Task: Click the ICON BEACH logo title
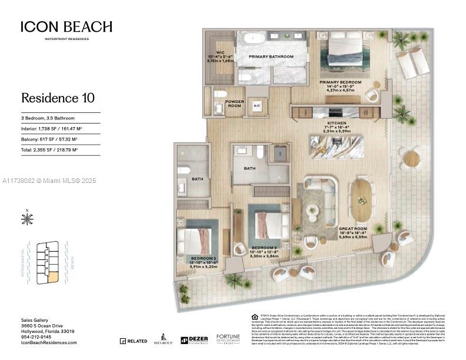pyautogui.click(x=66, y=27)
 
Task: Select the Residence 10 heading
pyautogui.click(x=58, y=98)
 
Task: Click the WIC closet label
pyautogui.click(x=221, y=53)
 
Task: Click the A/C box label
pyautogui.click(x=257, y=106)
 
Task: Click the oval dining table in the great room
pyautogui.click(x=361, y=200)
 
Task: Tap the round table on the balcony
pyautogui.click(x=412, y=158)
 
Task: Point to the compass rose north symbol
pyautogui.click(x=27, y=219)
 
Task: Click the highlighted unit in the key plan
pyautogui.click(x=52, y=276)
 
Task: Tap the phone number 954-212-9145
pyautogui.click(x=37, y=336)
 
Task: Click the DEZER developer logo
pyautogui.click(x=194, y=340)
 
